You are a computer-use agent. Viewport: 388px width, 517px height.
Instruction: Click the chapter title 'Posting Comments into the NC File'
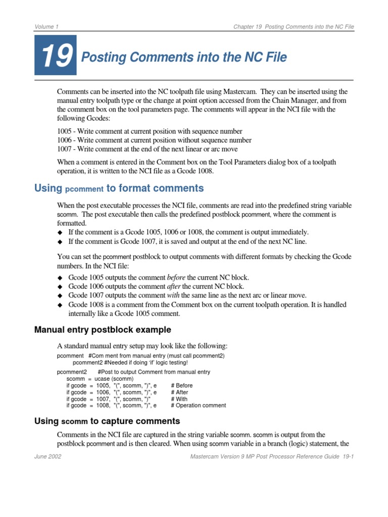[x=184, y=58]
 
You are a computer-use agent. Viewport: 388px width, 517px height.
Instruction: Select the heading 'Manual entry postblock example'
[x=103, y=330]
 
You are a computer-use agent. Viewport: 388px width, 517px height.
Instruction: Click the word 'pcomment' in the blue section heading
[x=84, y=189]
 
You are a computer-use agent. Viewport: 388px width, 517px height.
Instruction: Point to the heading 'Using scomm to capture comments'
[x=107, y=421]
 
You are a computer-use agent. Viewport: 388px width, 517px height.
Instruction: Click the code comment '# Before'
[x=182, y=385]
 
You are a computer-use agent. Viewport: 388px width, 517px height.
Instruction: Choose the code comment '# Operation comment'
[x=199, y=405]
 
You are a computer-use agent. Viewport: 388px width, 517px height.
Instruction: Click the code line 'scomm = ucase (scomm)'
[x=100, y=379]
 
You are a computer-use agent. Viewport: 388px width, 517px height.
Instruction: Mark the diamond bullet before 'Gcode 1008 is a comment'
[x=60, y=304]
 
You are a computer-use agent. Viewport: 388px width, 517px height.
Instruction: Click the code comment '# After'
[x=179, y=392]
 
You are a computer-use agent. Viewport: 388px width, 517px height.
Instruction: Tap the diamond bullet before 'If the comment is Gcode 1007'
[x=60, y=240]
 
